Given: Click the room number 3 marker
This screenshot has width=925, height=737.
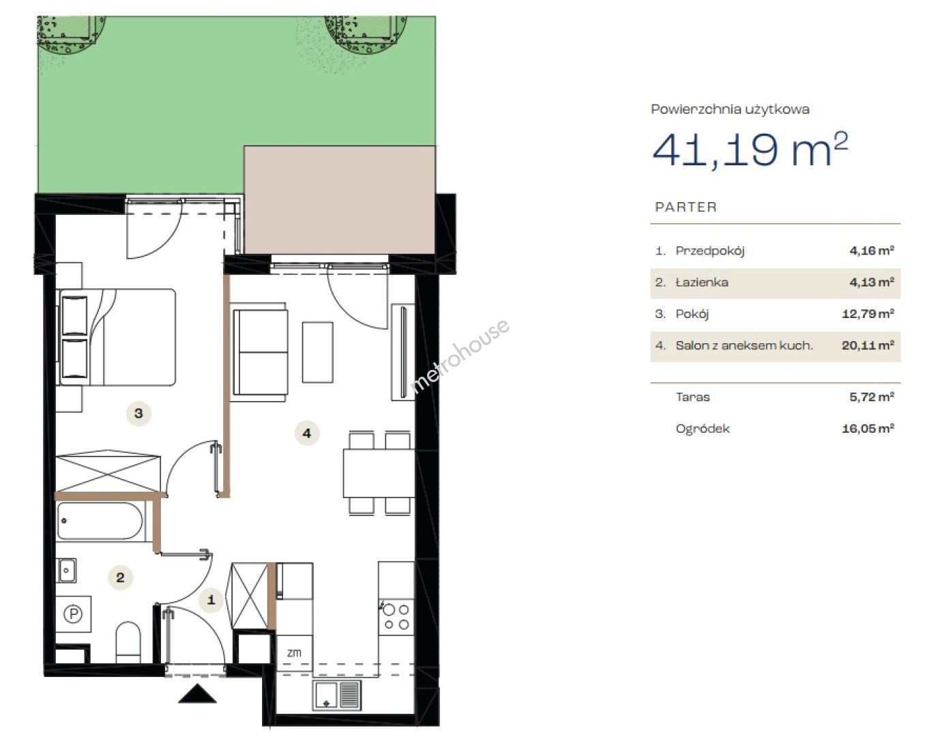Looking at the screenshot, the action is tap(138, 414).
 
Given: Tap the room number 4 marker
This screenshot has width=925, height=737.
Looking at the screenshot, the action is tap(307, 433).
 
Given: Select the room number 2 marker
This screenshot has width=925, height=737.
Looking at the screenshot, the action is tap(120, 577).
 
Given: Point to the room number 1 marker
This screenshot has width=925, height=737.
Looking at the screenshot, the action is tap(211, 599).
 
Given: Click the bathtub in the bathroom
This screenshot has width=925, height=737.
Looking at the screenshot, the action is tap(100, 521).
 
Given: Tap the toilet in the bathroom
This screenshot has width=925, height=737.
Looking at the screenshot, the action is tap(128, 641).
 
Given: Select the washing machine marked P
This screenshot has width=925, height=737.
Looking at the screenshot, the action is tap(73, 613).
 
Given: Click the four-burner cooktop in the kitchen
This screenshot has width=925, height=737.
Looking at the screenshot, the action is tap(396, 617).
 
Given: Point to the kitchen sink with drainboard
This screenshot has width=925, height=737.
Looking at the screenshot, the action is tap(336, 695).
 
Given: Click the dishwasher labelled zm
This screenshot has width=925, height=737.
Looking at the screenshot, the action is tap(294, 652).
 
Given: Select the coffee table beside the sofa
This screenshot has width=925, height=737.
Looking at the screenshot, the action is tap(318, 352).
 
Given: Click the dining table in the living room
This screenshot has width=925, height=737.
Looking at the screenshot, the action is tap(379, 474).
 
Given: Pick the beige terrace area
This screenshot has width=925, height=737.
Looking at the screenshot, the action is tap(340, 200).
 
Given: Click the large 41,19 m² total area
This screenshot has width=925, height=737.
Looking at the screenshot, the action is tap(750, 149).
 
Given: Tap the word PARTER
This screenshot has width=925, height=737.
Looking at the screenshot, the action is tap(686, 207).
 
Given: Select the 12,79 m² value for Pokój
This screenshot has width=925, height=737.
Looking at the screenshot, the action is tap(868, 313).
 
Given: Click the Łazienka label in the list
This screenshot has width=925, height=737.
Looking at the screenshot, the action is tap(702, 282).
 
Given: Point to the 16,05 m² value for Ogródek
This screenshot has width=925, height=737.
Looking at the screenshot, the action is tap(868, 429).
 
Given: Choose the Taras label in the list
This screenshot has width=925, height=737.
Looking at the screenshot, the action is tap(692, 397).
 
